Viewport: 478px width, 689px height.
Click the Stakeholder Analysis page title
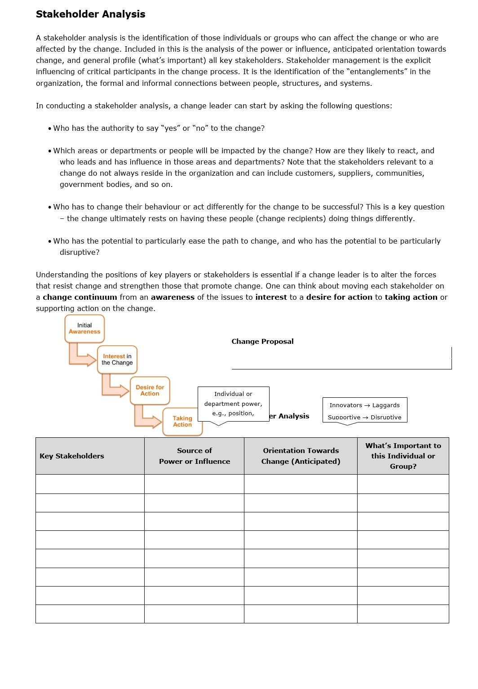tap(90, 14)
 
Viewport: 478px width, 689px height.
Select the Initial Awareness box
tap(84, 329)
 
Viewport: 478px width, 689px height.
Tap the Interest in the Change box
tap(117, 360)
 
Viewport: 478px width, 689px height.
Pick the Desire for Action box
tap(150, 390)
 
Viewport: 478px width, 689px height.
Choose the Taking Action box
tap(182, 422)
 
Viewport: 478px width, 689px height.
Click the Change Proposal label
tap(262, 342)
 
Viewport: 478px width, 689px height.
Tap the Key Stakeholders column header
tap(72, 456)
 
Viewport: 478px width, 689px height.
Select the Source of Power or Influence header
tap(194, 456)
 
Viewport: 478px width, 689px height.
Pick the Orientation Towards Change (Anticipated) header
tap(301, 456)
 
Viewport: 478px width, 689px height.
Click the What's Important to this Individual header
tap(403, 456)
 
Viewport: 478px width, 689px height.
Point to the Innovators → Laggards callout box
tap(365, 410)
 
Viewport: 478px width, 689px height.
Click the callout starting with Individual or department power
tap(233, 404)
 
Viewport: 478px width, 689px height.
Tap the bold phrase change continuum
tap(80, 298)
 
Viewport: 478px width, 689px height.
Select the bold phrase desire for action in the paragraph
tap(339, 298)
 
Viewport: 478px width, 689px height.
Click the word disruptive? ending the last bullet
tap(80, 253)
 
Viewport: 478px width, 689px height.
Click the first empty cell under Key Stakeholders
tap(90, 484)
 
